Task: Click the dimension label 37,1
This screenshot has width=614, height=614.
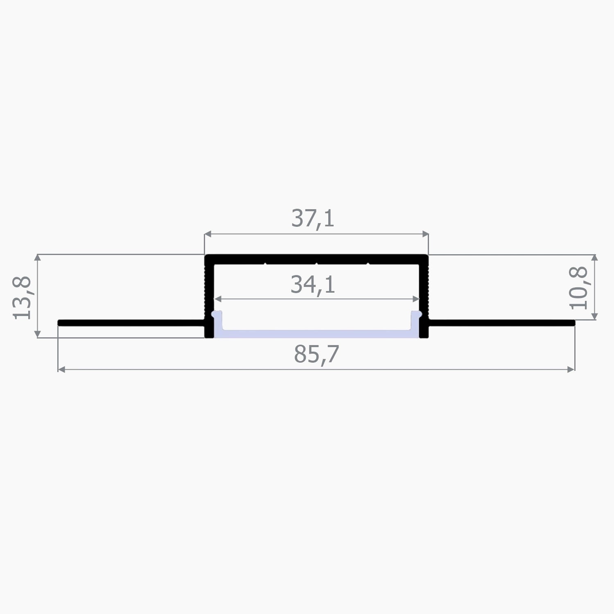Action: coord(313,219)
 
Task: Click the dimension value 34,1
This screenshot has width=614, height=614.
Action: coord(313,285)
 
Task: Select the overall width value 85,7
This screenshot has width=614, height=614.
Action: coord(316,354)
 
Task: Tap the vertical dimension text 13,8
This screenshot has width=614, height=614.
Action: coord(22,298)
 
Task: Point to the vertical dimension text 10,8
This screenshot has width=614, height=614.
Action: coord(579,288)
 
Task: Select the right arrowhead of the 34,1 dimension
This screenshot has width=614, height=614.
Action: coord(417,299)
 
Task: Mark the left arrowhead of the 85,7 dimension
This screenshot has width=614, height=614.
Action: coord(61,370)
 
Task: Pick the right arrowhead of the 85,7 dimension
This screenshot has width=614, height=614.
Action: coord(572,370)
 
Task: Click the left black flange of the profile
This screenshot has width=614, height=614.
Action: coord(131,323)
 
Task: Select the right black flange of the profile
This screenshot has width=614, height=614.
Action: coord(501,323)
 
